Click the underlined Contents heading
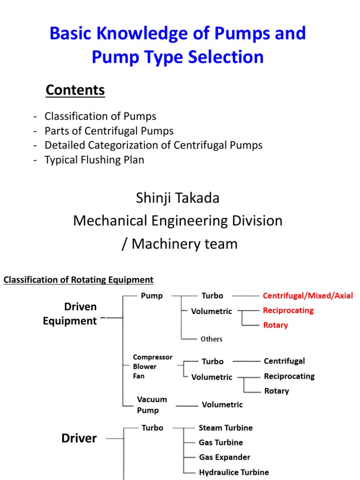(x=75, y=90)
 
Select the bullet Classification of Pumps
(x=100, y=116)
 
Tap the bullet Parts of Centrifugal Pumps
(x=109, y=131)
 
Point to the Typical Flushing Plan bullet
(x=94, y=160)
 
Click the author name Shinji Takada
(x=178, y=198)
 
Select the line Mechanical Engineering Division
(x=178, y=221)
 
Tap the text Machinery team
(x=185, y=244)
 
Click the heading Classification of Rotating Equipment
(x=78, y=280)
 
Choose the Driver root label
(x=79, y=438)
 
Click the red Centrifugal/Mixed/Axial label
(x=307, y=296)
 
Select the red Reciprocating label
(x=288, y=310)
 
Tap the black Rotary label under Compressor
(x=277, y=391)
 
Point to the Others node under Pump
(x=211, y=339)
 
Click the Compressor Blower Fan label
(x=152, y=367)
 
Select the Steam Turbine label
(x=225, y=428)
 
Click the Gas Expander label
(x=225, y=457)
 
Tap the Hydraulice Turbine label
(x=233, y=472)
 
